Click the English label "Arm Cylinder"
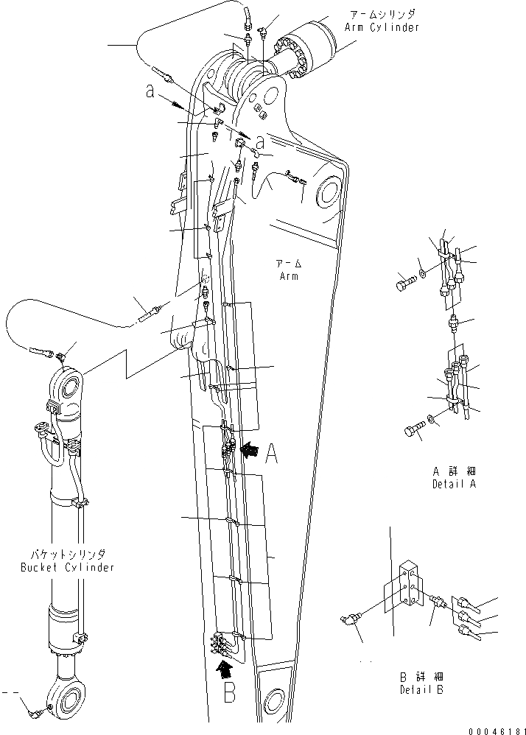[382, 27]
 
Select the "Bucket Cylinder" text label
[66, 567]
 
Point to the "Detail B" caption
[422, 689]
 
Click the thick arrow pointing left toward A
[250, 448]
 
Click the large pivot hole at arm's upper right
[327, 196]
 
